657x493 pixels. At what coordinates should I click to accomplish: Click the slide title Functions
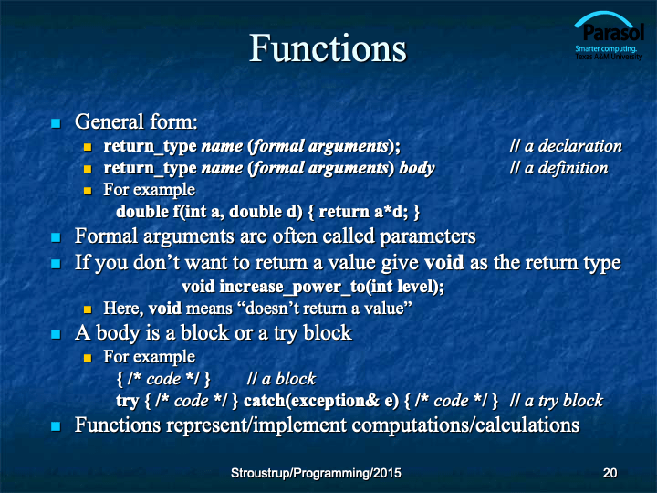[x=328, y=48]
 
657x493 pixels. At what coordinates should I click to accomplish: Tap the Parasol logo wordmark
[x=613, y=32]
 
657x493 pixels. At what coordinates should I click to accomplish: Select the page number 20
[x=610, y=473]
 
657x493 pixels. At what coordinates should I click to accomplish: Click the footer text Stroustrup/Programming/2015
[x=316, y=473]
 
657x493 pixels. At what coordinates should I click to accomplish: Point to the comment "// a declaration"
[x=566, y=146]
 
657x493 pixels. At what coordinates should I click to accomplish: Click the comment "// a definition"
[x=559, y=168]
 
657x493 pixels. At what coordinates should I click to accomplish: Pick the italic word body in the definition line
[x=417, y=169]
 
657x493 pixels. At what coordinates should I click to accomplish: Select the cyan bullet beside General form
[x=56, y=123]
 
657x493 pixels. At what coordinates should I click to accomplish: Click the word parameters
[x=428, y=236]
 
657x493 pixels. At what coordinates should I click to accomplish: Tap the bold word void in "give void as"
[x=443, y=263]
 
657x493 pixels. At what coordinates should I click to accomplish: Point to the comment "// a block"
[x=281, y=379]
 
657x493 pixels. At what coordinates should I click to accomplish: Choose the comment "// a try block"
[x=557, y=401]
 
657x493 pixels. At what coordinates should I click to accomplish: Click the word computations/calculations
[x=465, y=425]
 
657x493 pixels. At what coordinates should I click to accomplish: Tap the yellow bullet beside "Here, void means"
[x=88, y=309]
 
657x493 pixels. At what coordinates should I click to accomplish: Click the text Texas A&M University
[x=609, y=57]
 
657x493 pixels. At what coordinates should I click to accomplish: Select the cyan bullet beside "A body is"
[x=56, y=334]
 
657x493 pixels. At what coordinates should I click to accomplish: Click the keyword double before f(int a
[x=142, y=212]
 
